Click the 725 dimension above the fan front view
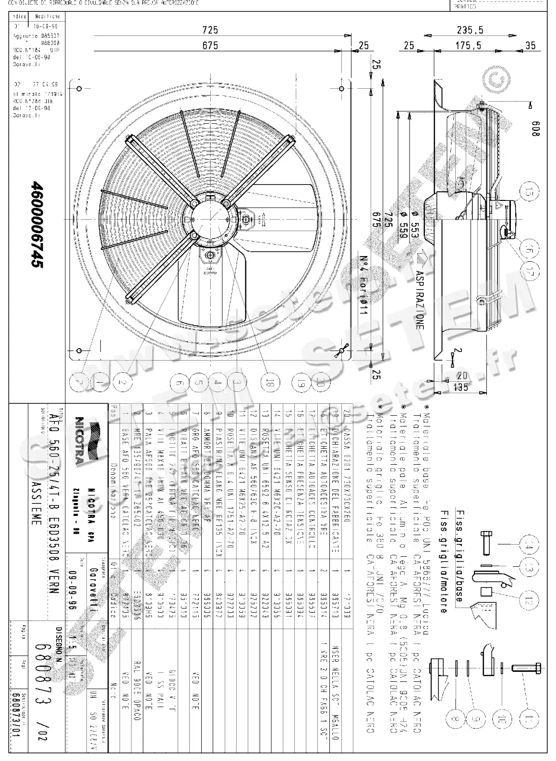(x=210, y=30)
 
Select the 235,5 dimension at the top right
(x=470, y=30)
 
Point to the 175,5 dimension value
(x=469, y=46)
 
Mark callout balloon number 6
(x=179, y=383)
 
